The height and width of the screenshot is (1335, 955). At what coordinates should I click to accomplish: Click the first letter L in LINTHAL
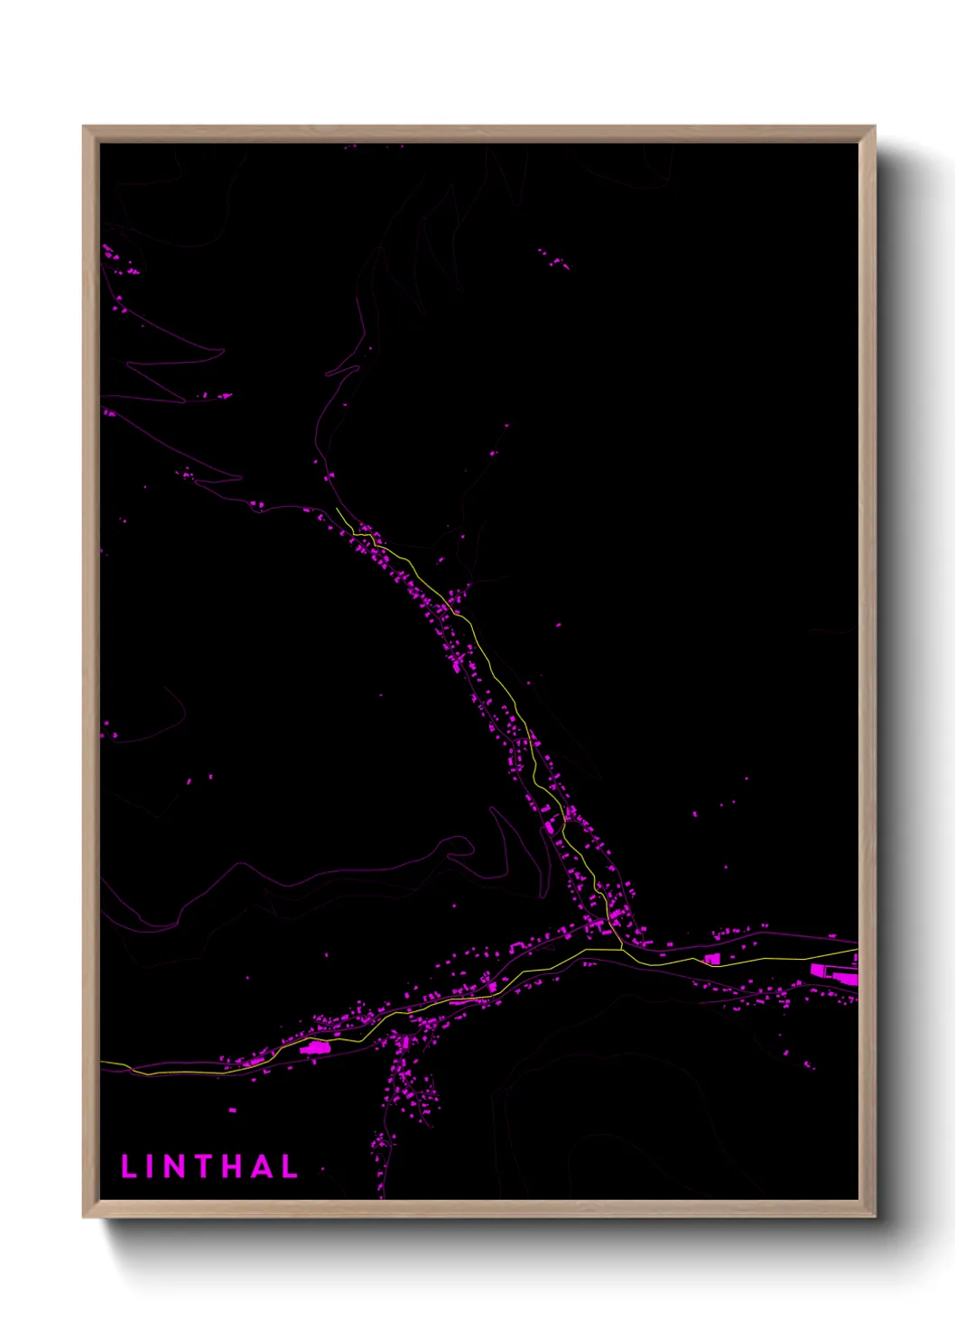129,1166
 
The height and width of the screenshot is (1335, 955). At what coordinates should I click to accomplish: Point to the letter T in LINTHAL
206,1166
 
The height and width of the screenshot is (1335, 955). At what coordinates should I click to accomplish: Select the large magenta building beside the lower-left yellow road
315,1047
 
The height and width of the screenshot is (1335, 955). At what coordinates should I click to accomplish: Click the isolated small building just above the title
232,1109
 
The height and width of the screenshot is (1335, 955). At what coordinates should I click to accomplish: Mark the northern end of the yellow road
337,510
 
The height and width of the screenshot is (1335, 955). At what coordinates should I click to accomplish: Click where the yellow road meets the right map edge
855,950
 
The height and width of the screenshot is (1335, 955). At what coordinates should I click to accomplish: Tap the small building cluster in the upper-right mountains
552,259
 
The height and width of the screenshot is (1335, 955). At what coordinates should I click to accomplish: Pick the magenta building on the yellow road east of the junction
711,958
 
